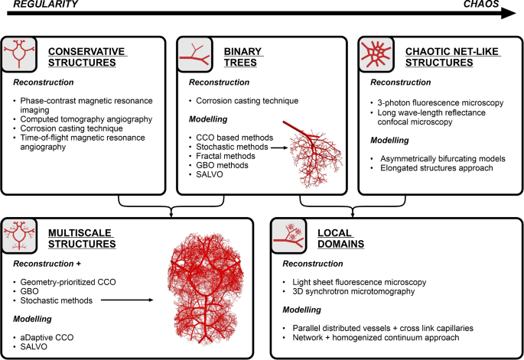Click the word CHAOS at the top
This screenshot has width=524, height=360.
[483, 5]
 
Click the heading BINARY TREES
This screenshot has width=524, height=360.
[243, 56]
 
